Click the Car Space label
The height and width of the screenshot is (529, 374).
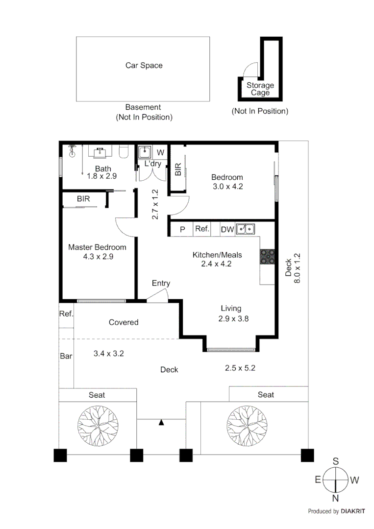pos(144,65)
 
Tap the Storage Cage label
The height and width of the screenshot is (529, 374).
pos(260,89)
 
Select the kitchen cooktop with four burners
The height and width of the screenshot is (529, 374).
pos(267,257)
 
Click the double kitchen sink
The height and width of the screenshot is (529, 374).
pos(246,229)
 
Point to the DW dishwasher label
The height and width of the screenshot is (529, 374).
pos(227,229)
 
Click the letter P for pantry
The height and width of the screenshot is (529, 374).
pos(182,229)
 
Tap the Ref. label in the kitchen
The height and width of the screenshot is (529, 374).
pos(202,229)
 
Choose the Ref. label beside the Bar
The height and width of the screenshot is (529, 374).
pos(66,314)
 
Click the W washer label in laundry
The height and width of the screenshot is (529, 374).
pos(160,152)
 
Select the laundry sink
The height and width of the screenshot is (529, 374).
pos(145,152)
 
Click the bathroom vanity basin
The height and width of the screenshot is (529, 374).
pos(102,151)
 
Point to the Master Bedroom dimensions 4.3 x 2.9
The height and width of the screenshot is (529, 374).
pos(98,256)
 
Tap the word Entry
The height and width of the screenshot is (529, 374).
pos(161,283)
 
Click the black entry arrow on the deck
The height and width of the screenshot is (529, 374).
pos(161,422)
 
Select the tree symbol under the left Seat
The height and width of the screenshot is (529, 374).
pos(97,425)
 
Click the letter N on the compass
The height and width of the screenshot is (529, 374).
pos(335,499)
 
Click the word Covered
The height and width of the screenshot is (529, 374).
pos(124,322)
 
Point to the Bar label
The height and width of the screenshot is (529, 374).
pos(66,356)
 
